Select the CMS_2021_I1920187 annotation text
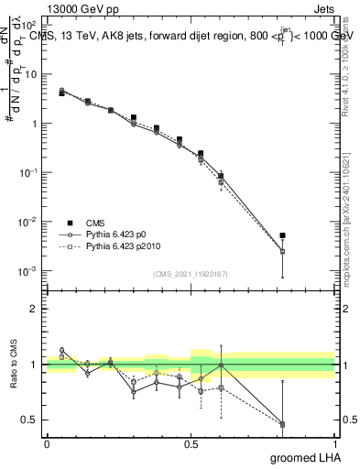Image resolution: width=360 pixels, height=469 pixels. tap(190, 274)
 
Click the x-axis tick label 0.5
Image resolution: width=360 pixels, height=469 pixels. tap(191, 442)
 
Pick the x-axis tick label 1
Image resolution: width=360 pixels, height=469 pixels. tap(334, 442)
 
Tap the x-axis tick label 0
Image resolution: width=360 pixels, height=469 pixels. tap(47, 442)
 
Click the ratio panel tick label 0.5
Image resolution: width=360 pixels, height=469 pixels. tap(28, 420)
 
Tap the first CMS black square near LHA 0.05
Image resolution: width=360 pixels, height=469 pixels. tap(61, 93)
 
